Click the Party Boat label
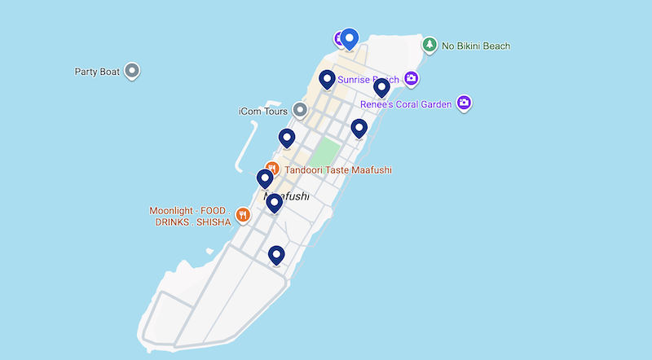97,72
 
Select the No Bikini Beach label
475,46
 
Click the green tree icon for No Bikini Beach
430,45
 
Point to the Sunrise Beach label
368,80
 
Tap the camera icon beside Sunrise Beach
412,78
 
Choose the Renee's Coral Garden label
405,104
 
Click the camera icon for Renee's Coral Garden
465,103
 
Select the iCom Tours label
263,110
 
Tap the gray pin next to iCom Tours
300,109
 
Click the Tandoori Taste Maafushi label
337,169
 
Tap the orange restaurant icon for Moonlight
242,215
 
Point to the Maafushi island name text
287,197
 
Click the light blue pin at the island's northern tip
350,37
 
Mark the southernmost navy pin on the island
276,255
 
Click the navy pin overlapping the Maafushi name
275,202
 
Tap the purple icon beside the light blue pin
339,38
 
